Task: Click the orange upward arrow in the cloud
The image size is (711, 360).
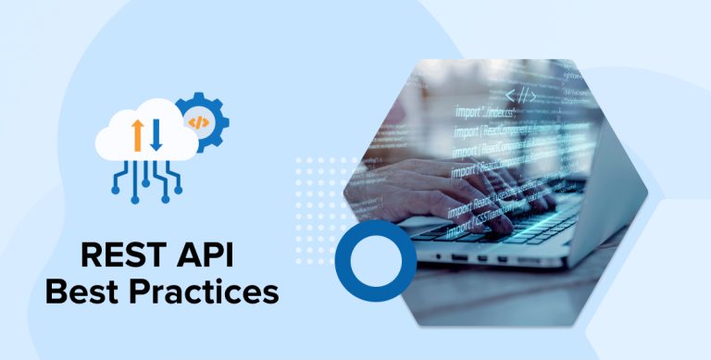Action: tap(136, 135)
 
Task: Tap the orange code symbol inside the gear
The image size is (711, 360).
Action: tap(197, 121)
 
